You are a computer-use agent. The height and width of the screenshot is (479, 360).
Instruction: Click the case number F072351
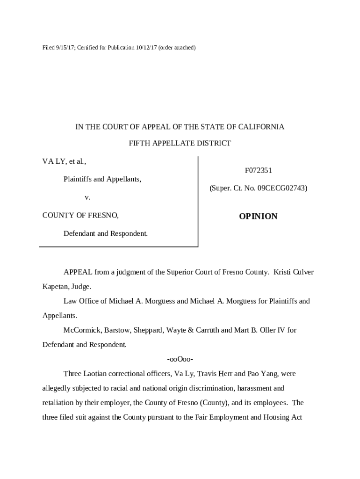coord(259,171)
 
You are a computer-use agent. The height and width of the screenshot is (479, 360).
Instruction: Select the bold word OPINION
coord(258,216)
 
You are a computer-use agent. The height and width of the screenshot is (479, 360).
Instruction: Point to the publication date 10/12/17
coord(145,48)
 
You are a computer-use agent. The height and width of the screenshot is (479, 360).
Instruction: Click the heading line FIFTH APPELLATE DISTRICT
coord(180,144)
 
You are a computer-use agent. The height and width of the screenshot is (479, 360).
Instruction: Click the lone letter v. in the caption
coord(87,197)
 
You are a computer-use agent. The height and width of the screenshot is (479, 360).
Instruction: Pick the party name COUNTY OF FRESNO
coord(80,215)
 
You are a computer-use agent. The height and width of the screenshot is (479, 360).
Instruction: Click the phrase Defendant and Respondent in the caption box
coord(106,233)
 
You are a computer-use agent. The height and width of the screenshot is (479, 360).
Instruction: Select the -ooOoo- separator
coord(180,359)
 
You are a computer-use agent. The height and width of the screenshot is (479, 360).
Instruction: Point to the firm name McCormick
coord(82,330)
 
